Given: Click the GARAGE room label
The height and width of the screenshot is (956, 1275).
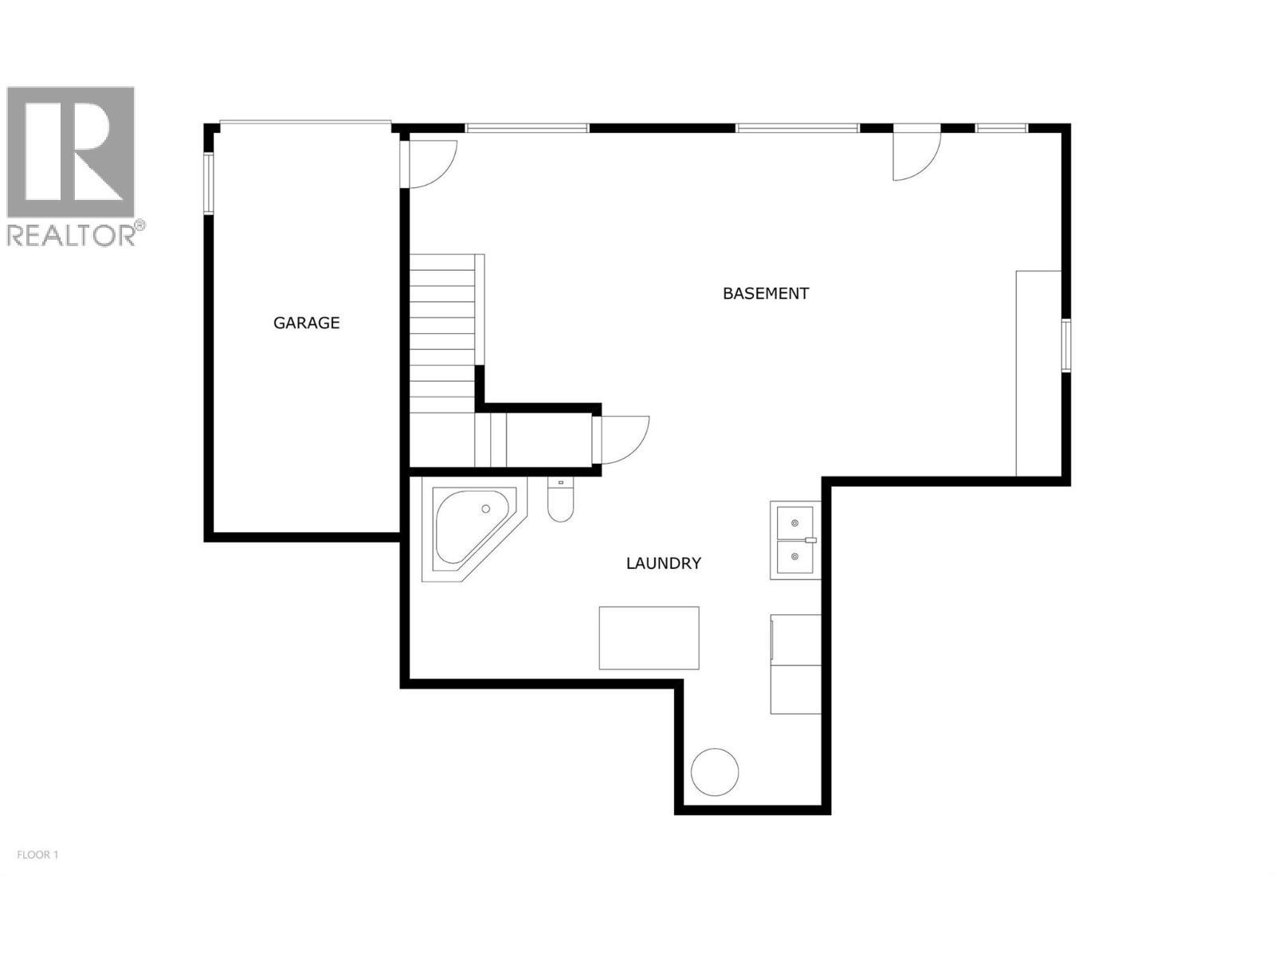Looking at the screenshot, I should [x=306, y=323].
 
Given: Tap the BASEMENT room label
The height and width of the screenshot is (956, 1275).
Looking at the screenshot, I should [x=765, y=293].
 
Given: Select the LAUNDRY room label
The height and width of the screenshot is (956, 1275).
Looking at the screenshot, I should [x=663, y=563].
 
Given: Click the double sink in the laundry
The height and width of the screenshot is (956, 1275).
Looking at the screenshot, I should [x=794, y=540].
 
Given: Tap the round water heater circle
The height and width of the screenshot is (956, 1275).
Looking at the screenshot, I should [x=714, y=771].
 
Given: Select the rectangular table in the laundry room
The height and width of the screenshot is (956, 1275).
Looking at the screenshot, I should [x=649, y=637].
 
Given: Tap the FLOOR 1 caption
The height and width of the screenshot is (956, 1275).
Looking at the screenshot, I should [x=37, y=855].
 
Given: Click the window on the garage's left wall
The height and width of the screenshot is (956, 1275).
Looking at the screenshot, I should [x=208, y=183].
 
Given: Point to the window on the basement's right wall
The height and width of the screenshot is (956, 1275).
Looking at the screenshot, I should [x=1065, y=344].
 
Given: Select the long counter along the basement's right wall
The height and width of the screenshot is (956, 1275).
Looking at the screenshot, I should [x=1038, y=373].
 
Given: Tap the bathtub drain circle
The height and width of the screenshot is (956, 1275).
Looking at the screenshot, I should [x=485, y=508].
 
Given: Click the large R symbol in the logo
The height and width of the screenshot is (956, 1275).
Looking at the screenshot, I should [x=72, y=151].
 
